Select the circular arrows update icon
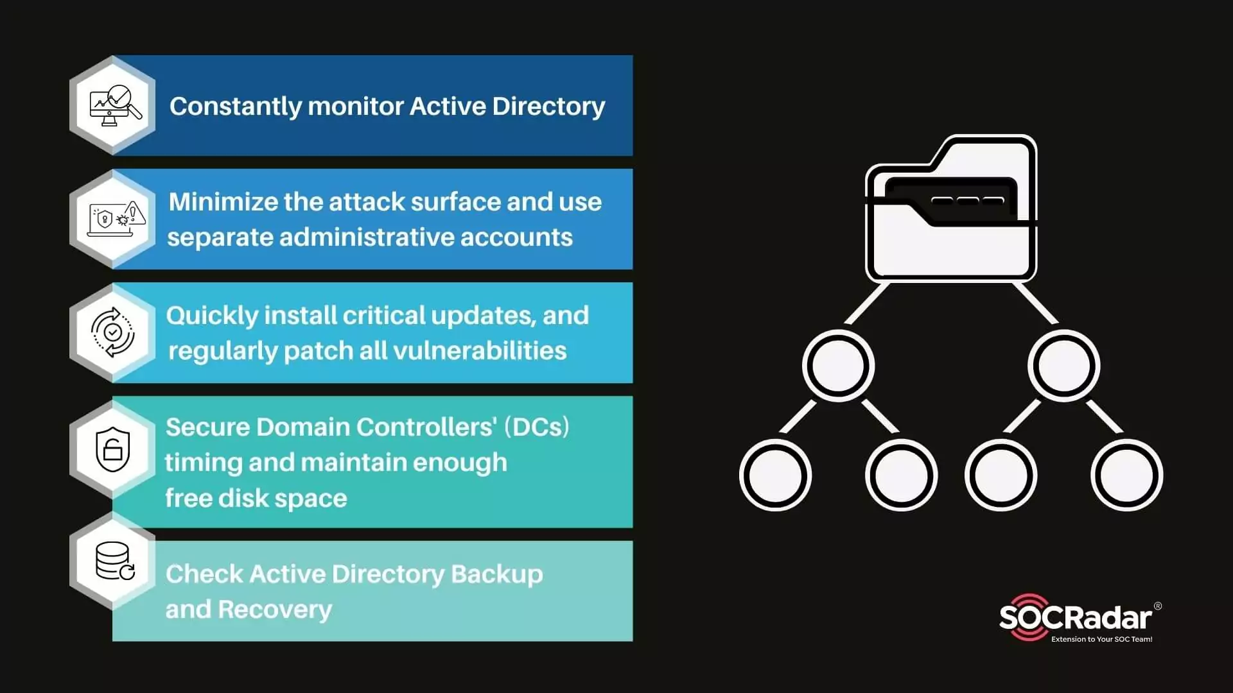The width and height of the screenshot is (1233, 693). coord(112,332)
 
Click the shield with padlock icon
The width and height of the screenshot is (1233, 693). coord(112,449)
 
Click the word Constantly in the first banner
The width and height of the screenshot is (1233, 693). coord(234,107)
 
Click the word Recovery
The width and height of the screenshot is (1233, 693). coord(275,610)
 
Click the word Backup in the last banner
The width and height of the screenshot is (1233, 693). coord(496,574)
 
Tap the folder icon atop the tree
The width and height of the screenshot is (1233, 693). coord(952,209)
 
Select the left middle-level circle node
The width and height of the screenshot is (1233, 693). coord(838,366)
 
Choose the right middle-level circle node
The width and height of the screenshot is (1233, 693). coord(1063,366)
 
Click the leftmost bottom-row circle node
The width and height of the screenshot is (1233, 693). coord(775,475)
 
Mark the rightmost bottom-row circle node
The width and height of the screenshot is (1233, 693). coord(1126,475)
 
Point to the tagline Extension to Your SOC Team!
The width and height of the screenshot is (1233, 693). coord(1101,639)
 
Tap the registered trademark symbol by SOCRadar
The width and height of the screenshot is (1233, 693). coord(1158,606)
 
